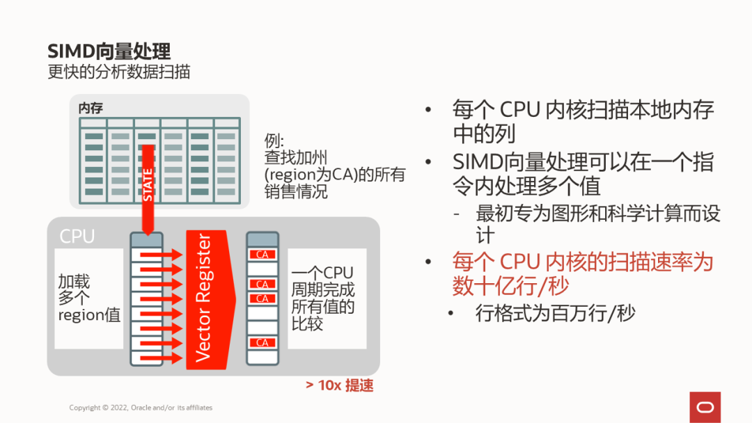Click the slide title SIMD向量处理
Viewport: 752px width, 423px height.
[x=109, y=51]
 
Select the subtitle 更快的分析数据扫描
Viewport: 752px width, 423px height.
[x=118, y=72]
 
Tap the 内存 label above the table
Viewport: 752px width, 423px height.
[x=91, y=108]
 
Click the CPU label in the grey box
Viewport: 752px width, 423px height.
[x=77, y=236]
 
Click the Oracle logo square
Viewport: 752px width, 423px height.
[x=705, y=406]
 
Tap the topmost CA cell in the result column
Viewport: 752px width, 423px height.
[x=263, y=255]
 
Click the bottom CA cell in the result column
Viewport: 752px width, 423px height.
[x=263, y=343]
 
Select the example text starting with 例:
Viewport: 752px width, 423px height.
[x=334, y=166]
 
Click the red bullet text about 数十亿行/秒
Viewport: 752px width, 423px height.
[x=583, y=273]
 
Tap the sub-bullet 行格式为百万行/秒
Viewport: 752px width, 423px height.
[x=556, y=314]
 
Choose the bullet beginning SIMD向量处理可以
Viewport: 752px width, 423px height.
[x=583, y=174]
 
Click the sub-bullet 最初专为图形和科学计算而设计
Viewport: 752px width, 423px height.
[x=597, y=223]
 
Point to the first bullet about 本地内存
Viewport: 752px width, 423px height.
[x=583, y=120]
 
